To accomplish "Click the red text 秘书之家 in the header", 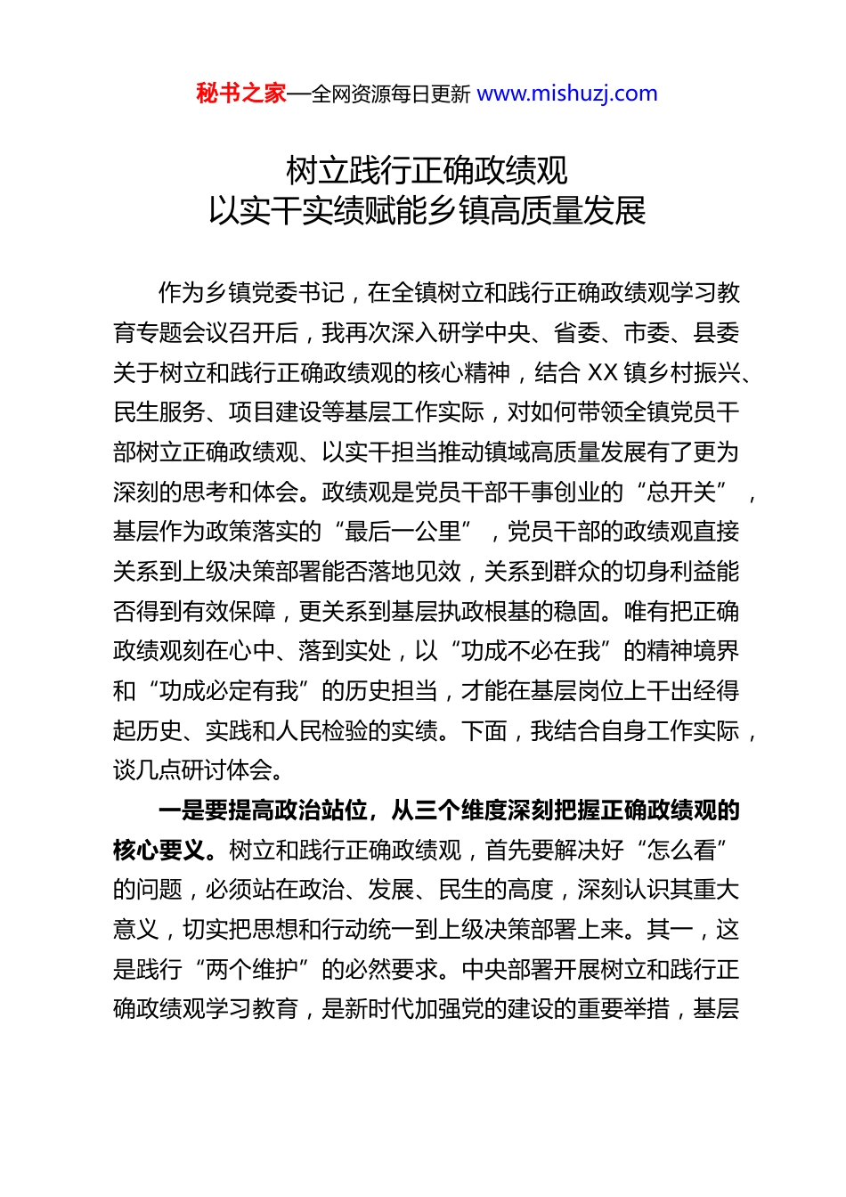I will pyautogui.click(x=240, y=94).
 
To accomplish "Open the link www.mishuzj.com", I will pyautogui.click(x=567, y=94).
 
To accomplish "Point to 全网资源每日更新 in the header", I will pyautogui.click(x=390, y=94).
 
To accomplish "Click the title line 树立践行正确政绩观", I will pyautogui.click(x=427, y=169).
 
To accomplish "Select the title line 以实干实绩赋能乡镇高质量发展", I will pyautogui.click(x=427, y=211).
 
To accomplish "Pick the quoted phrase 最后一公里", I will pyautogui.click(x=403, y=532).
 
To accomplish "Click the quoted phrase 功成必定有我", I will pyautogui.click(x=230, y=691).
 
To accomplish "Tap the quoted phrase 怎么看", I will pyautogui.click(x=681, y=850).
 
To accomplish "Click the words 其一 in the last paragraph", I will pyautogui.click(x=670, y=929).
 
